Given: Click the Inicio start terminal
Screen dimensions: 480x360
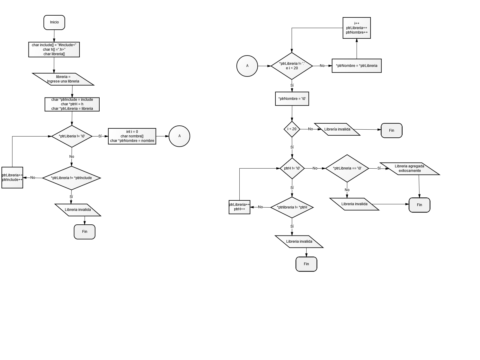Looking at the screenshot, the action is [x=54, y=22].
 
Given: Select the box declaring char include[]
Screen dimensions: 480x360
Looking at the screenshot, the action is [x=54, y=49].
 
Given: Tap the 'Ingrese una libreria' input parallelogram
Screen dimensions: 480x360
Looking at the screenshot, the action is [x=63, y=79].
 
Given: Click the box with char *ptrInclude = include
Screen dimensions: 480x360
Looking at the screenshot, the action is [x=72, y=104].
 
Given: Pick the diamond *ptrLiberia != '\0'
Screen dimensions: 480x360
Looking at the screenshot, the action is [x=72, y=136].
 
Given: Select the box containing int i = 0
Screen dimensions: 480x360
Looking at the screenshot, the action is [x=132, y=136].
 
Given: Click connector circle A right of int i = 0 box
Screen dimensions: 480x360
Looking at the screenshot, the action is [x=179, y=136].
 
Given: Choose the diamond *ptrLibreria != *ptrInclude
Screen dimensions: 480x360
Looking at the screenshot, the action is [x=71, y=178].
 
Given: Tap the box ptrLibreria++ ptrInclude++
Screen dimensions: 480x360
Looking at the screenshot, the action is [x=12, y=178].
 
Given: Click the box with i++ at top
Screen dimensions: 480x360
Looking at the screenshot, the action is [x=357, y=28].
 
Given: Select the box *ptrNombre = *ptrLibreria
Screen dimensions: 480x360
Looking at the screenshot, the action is [x=357, y=66].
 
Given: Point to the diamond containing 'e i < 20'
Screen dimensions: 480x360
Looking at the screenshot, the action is [x=292, y=66].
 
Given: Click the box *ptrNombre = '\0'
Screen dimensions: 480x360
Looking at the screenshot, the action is [x=292, y=99].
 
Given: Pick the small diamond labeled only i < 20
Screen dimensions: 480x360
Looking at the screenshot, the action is [x=292, y=129].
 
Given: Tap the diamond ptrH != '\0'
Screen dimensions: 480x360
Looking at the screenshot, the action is [x=292, y=168].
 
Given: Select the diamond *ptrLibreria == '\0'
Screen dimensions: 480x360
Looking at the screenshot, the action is [x=347, y=168].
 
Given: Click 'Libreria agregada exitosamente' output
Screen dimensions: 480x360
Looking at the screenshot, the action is [x=409, y=169].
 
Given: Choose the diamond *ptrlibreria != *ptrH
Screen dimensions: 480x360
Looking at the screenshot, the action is [x=292, y=207].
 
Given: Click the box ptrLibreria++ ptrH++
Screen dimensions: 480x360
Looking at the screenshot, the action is [x=239, y=207].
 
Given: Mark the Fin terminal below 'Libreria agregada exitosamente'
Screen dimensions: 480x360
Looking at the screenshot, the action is [x=419, y=205].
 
